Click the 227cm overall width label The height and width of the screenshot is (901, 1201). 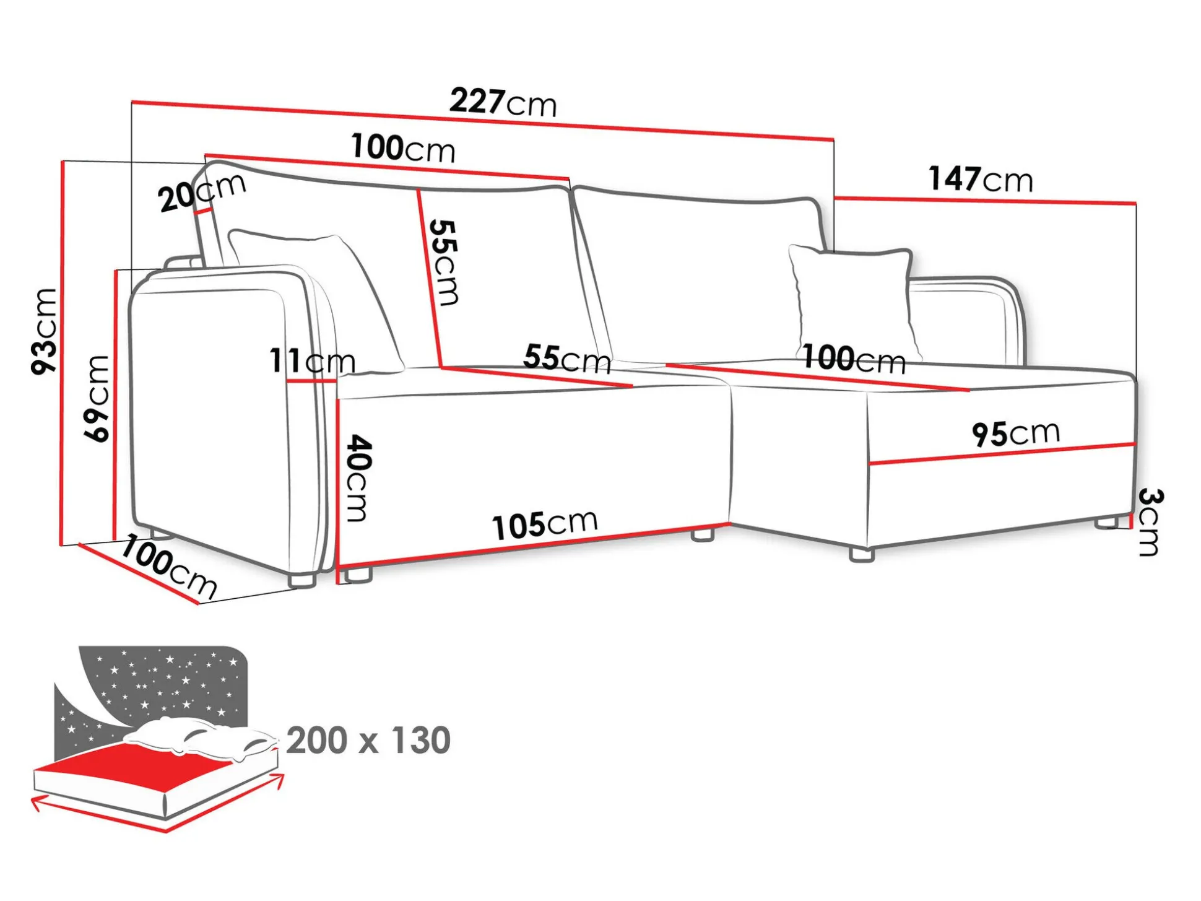click(503, 102)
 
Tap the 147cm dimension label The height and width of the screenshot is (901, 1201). click(980, 179)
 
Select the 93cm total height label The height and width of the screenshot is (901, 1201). click(45, 331)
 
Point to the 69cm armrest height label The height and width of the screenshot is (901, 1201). click(97, 398)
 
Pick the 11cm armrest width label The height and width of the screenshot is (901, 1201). click(312, 361)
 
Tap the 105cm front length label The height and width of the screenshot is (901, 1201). click(545, 524)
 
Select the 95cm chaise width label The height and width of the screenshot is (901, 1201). click(1015, 433)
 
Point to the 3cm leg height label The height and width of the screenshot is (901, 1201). click(1151, 522)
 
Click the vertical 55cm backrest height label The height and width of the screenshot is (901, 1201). click(444, 262)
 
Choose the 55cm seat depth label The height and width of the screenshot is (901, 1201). click(567, 359)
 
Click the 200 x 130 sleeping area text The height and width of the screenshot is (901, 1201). click(368, 740)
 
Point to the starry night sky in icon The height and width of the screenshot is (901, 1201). click(167, 681)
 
